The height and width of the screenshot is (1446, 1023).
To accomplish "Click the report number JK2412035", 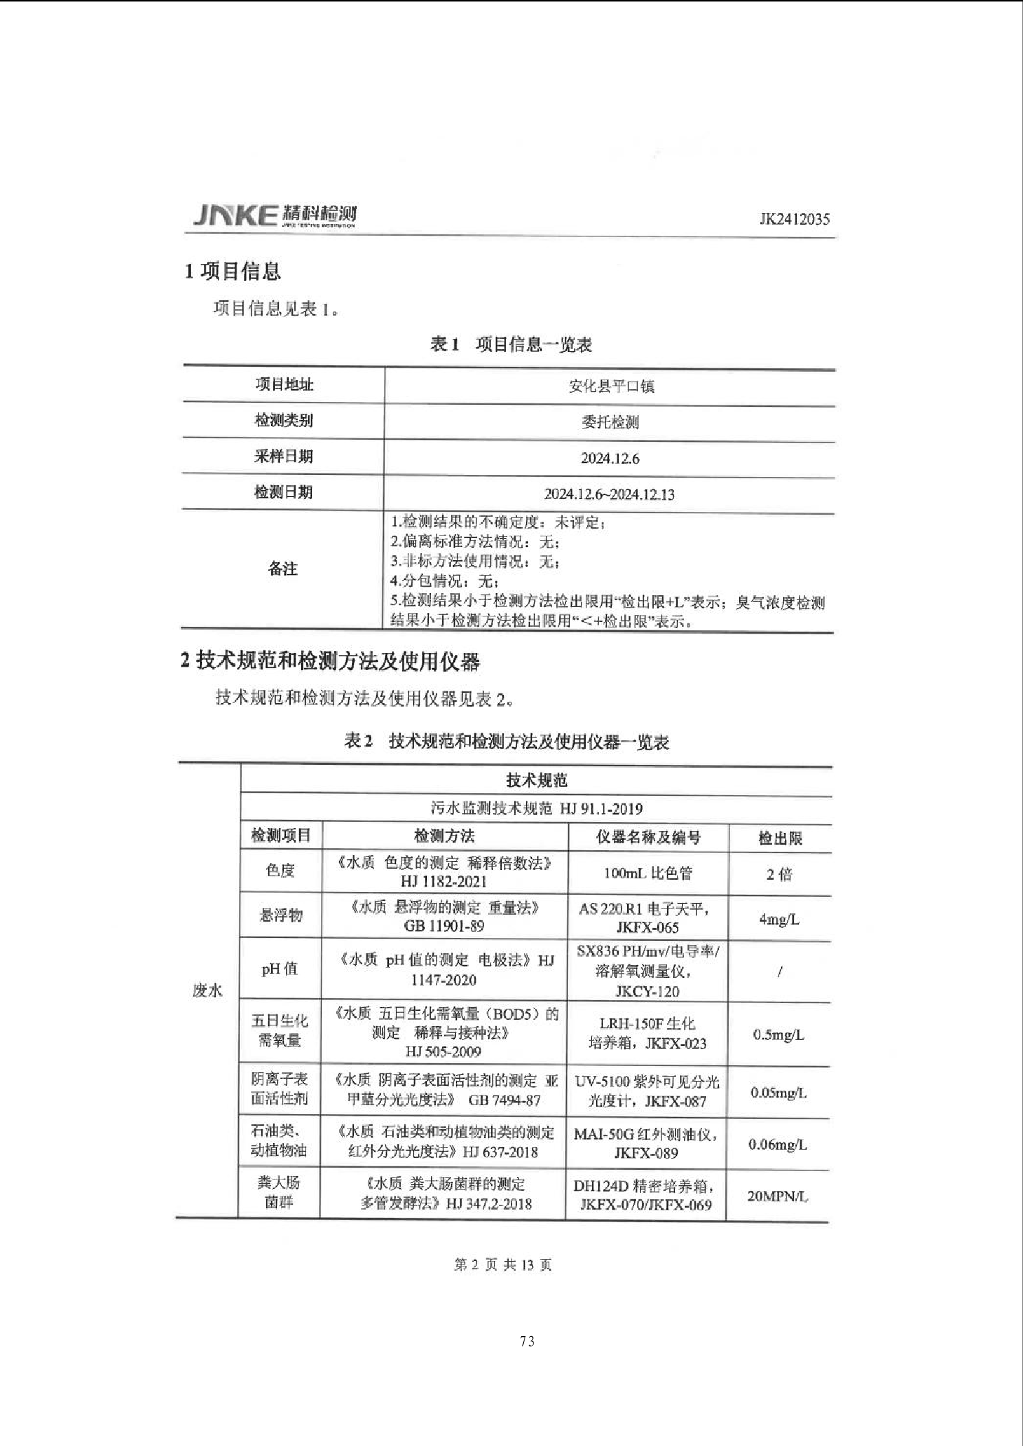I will click(x=794, y=219).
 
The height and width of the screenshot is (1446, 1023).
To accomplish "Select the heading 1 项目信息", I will click(x=232, y=271).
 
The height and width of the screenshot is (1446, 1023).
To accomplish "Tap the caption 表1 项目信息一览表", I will click(x=511, y=344).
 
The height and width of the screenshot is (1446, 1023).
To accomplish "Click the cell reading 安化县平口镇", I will click(x=610, y=386).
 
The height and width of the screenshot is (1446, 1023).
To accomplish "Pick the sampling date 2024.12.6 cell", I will click(x=610, y=458).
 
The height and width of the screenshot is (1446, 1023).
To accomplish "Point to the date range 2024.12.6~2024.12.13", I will click(x=609, y=494).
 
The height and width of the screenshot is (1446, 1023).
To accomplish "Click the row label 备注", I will click(x=283, y=569).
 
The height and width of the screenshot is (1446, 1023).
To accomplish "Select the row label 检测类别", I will click(x=283, y=421).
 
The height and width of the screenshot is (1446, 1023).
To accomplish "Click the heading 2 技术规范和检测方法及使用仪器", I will click(x=330, y=661).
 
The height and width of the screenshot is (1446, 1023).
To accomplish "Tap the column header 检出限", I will click(x=780, y=838).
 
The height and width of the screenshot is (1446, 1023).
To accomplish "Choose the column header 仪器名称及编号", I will click(x=648, y=837).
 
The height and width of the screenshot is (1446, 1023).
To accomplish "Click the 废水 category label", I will click(x=207, y=990).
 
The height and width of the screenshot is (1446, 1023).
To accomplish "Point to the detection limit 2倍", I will click(x=779, y=874).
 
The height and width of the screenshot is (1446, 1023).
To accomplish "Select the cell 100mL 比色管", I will click(x=648, y=874).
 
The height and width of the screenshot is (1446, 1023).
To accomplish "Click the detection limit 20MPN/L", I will click(x=778, y=1196).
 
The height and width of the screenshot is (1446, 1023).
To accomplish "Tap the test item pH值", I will click(x=280, y=969).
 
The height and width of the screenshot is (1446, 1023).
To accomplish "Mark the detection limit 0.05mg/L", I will click(x=778, y=1093).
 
